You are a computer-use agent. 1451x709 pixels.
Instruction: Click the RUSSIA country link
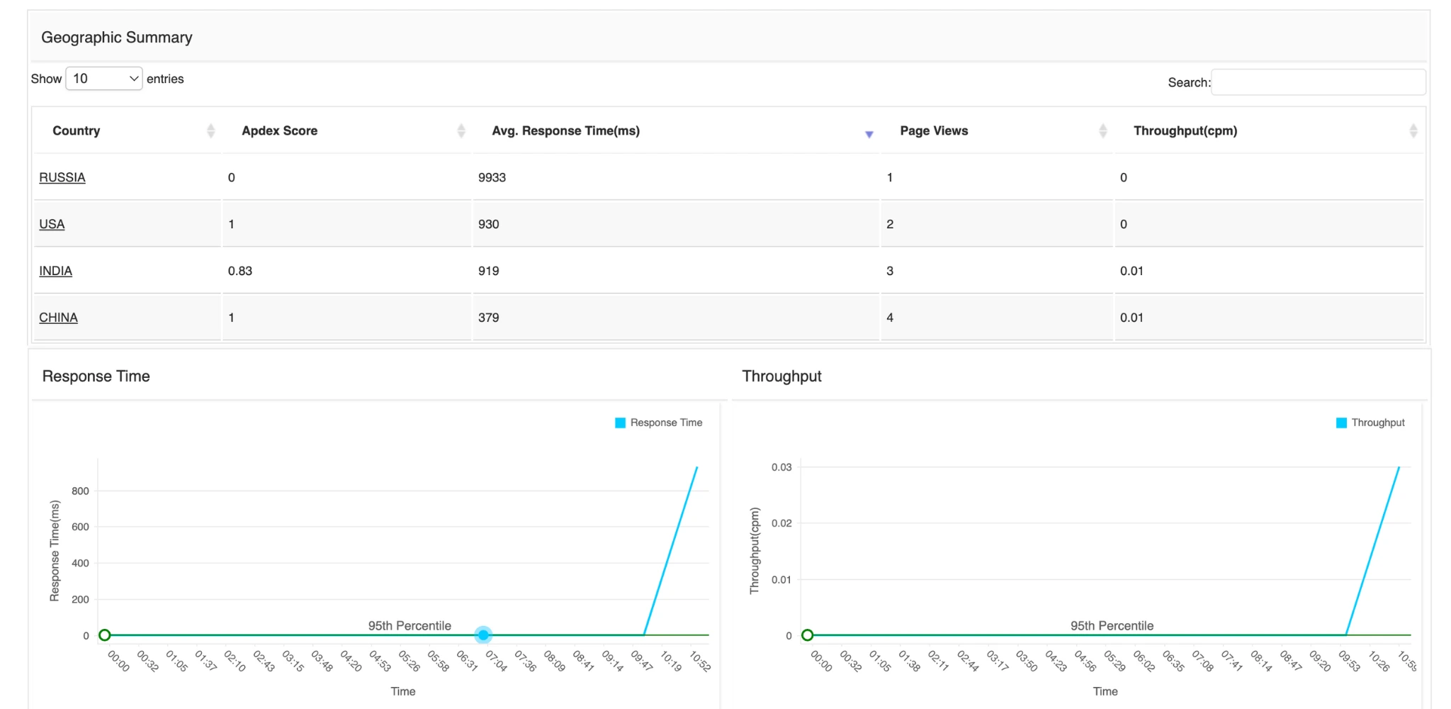click(x=62, y=177)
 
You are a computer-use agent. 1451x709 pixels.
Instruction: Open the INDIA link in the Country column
click(x=56, y=271)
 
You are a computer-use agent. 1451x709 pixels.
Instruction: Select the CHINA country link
click(x=59, y=318)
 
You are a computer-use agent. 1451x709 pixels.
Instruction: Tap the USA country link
click(x=52, y=224)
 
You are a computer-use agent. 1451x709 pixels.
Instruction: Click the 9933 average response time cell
click(x=492, y=177)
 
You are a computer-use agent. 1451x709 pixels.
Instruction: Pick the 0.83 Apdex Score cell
click(x=240, y=271)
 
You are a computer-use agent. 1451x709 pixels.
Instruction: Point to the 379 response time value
click(x=488, y=318)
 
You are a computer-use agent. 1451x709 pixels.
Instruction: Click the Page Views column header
click(x=934, y=130)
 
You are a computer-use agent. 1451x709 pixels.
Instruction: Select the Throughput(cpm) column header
click(x=1185, y=130)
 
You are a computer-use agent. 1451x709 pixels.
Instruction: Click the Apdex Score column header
click(x=280, y=130)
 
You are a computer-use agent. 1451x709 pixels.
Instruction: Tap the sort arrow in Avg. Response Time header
click(x=869, y=134)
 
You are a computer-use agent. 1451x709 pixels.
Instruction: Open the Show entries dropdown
click(x=104, y=79)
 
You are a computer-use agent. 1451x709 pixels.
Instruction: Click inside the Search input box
click(x=1318, y=82)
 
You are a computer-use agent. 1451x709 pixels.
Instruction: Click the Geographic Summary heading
click(x=117, y=38)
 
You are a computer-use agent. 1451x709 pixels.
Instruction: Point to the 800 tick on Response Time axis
click(x=80, y=491)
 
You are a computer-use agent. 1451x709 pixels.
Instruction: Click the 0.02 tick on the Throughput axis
click(x=781, y=523)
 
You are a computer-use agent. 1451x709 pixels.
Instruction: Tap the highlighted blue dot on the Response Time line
click(x=483, y=635)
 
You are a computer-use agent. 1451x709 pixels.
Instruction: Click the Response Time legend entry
click(x=659, y=423)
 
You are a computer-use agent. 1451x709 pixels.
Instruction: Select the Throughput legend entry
click(x=1370, y=423)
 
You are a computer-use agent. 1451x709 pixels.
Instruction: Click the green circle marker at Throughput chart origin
click(x=807, y=635)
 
